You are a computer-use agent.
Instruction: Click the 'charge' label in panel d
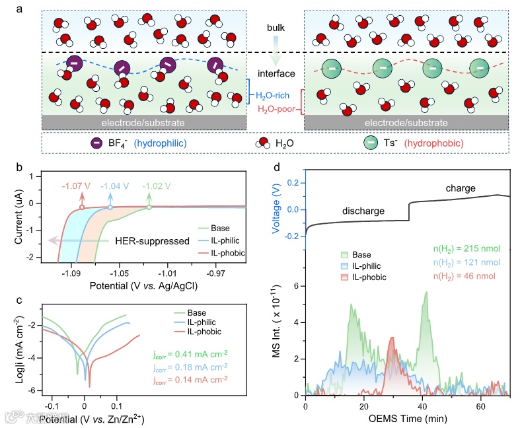coord(460,189)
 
